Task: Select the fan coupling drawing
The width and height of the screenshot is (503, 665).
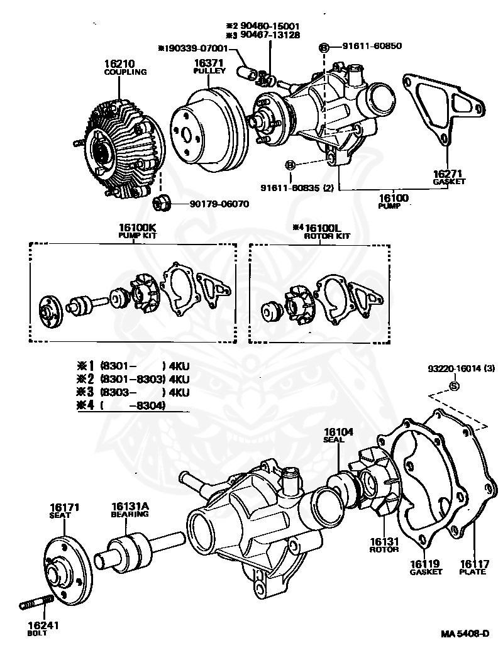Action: [x=119, y=148]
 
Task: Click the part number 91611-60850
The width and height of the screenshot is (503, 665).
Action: [x=372, y=46]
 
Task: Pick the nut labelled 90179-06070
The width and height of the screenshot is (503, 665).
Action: [x=160, y=203]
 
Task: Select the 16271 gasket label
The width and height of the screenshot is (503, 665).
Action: [x=448, y=173]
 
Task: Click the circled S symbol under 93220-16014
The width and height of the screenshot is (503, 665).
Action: [x=452, y=385]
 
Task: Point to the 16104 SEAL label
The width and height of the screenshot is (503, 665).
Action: [x=338, y=435]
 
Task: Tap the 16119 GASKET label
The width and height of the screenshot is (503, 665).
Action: [x=426, y=567]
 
